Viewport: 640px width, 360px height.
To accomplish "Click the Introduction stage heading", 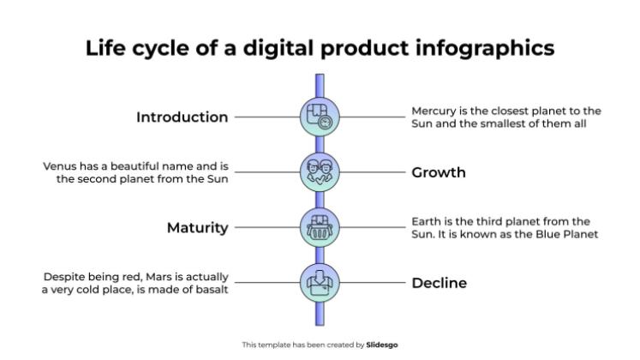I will [182, 117].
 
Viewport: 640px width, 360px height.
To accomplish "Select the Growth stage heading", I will [439, 172].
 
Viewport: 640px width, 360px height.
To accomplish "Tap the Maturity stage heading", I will [197, 228].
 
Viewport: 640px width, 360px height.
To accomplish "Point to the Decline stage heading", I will [440, 283].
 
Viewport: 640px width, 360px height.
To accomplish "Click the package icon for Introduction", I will [320, 117].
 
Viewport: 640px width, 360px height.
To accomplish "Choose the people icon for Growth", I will [320, 172].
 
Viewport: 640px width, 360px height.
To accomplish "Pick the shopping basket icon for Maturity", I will [320, 228].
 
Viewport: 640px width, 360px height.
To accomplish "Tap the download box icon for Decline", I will [320, 283].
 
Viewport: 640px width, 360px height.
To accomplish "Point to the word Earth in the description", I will [427, 221].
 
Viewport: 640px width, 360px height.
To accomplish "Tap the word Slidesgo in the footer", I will [381, 345].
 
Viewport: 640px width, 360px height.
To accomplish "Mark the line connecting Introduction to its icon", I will [266, 117].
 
